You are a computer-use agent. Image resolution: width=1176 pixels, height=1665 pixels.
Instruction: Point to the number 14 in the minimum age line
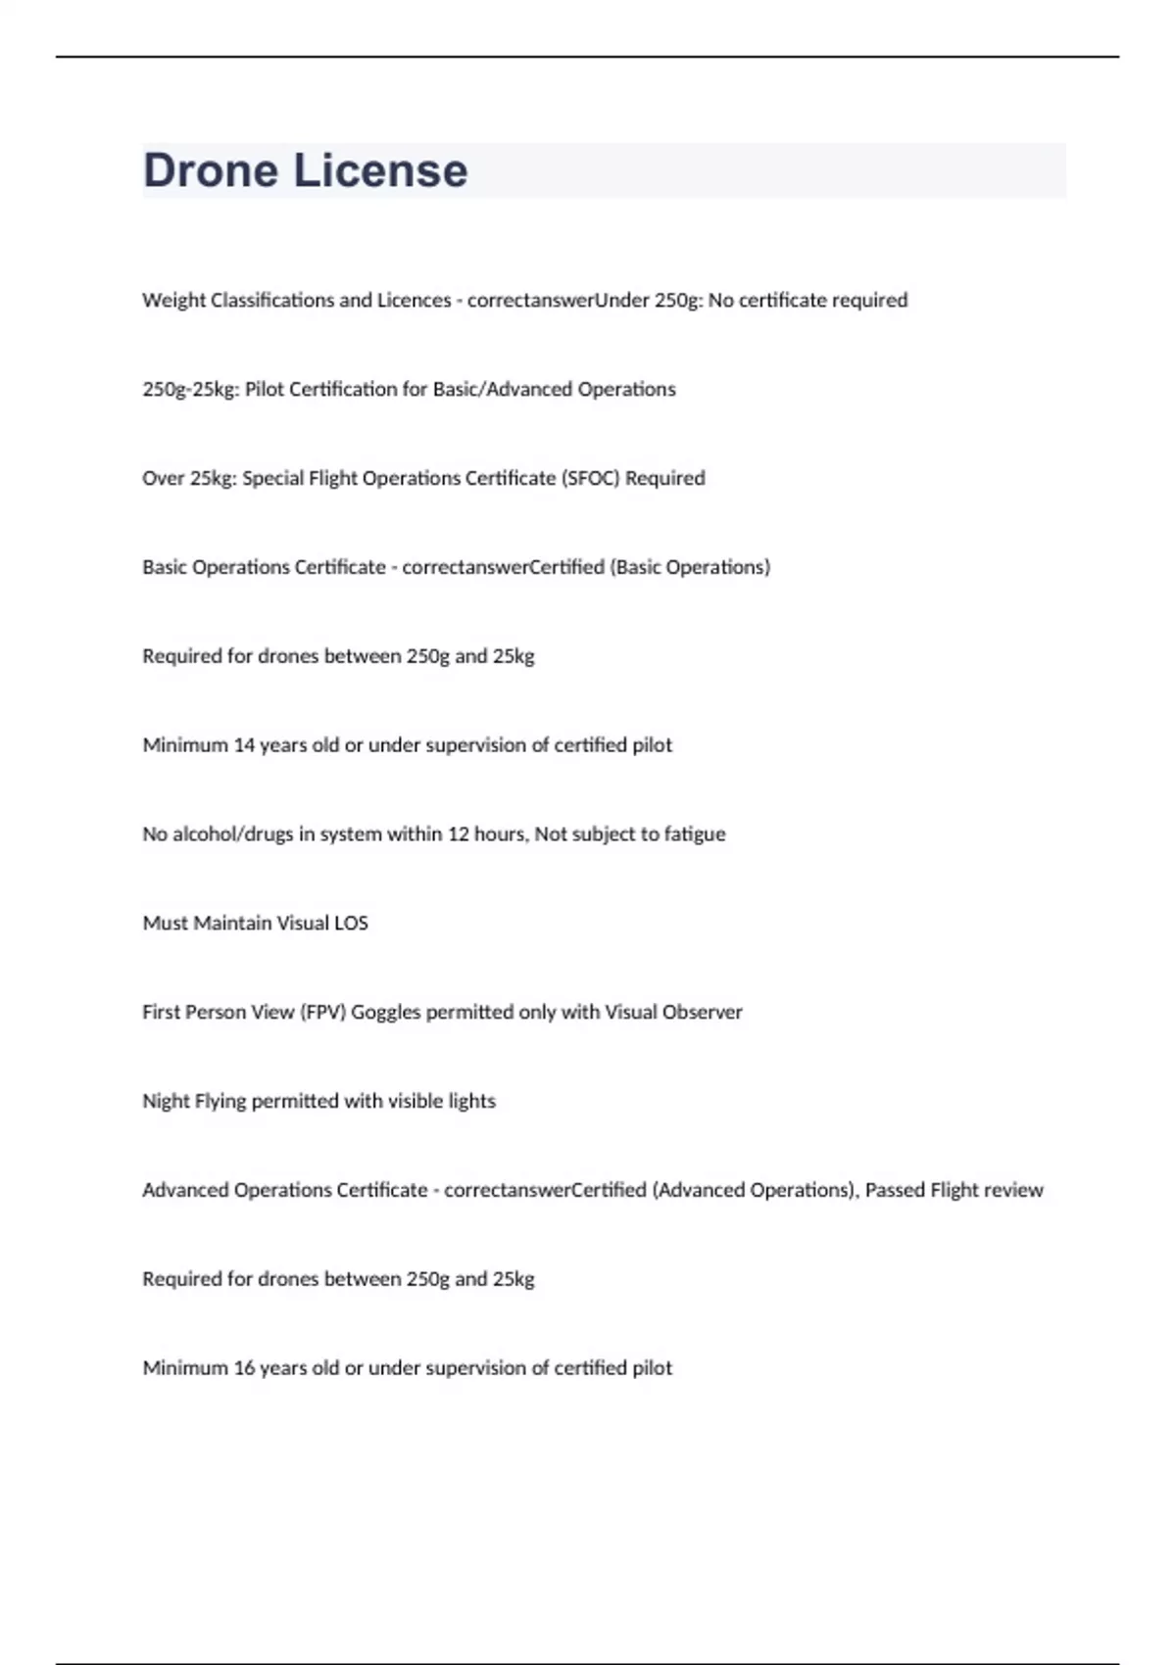click(x=244, y=744)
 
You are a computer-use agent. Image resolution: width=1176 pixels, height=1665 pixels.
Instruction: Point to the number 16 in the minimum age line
click(x=244, y=1367)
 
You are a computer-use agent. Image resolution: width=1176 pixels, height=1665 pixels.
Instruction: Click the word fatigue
click(x=695, y=833)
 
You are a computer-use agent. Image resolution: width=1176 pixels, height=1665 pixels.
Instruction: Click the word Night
click(x=166, y=1101)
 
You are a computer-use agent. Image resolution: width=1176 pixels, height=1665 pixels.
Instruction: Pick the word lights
click(x=471, y=1101)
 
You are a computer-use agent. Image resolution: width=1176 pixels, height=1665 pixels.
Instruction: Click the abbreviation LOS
click(x=351, y=923)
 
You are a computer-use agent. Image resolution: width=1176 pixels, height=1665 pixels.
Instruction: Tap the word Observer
click(x=702, y=1012)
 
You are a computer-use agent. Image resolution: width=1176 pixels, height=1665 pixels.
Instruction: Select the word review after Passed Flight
click(x=1014, y=1190)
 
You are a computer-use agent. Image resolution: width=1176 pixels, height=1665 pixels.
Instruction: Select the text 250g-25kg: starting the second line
click(x=190, y=389)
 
